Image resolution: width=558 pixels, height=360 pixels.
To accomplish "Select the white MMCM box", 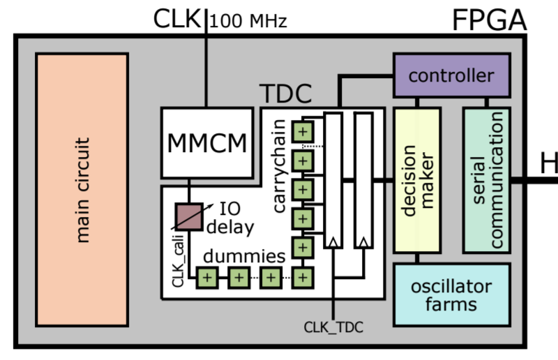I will [207, 142].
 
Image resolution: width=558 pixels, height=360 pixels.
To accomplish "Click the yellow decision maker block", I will [417, 181].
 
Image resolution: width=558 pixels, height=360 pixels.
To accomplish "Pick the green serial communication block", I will [487, 181].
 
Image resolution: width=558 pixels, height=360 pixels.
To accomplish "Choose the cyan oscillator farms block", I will [451, 294].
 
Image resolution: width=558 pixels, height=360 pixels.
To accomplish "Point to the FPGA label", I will [489, 20].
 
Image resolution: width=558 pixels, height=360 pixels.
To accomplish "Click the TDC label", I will [285, 94].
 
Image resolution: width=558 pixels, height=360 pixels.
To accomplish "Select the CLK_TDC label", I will [334, 326].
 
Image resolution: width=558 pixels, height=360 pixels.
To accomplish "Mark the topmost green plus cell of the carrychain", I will [302, 131].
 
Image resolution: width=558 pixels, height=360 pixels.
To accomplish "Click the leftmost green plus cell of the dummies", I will [206, 278].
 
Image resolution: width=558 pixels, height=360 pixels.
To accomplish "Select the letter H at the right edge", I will [549, 165].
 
